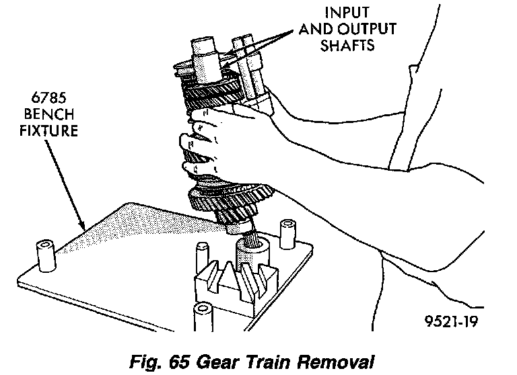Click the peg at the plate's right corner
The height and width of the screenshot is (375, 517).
(x=287, y=231)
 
